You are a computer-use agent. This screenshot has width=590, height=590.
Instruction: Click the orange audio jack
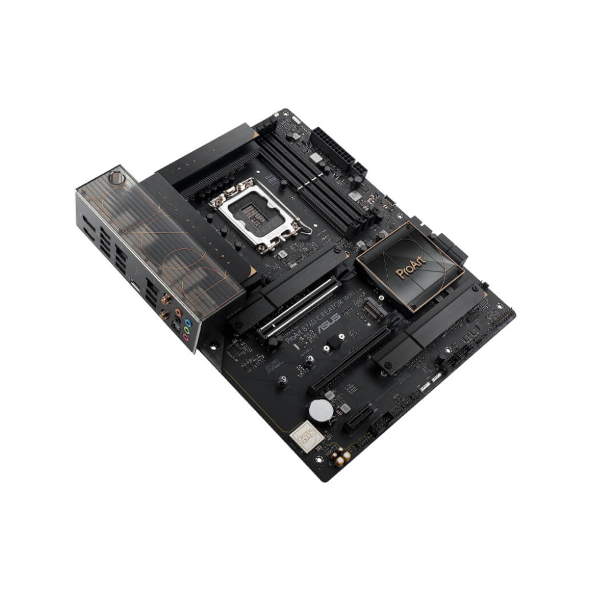(x=179, y=313)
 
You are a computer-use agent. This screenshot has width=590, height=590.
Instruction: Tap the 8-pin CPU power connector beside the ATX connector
(x=359, y=169)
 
